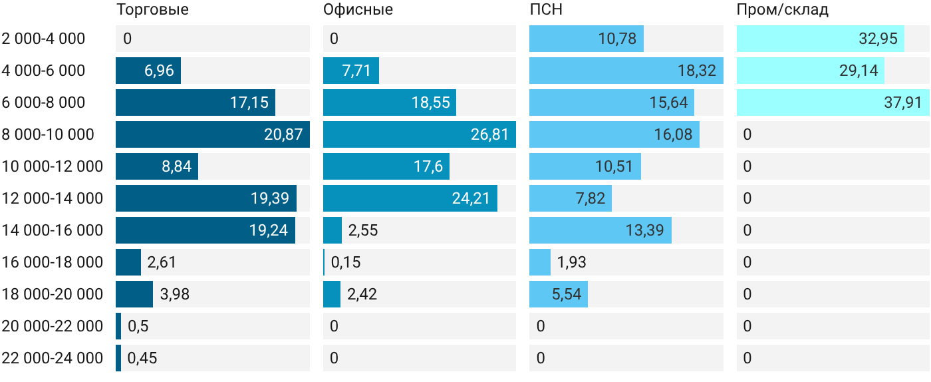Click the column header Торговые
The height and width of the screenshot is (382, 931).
pyautogui.click(x=152, y=9)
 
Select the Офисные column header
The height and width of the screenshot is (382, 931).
pyautogui.click(x=358, y=9)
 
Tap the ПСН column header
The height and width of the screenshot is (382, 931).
pyautogui.click(x=546, y=9)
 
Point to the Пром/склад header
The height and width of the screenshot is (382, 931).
pyautogui.click(x=782, y=9)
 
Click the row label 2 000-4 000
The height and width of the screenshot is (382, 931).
pyautogui.click(x=43, y=39)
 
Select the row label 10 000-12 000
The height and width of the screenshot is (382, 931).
pyautogui.click(x=53, y=166)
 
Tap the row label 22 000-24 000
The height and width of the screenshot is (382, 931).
pyautogui.click(x=53, y=358)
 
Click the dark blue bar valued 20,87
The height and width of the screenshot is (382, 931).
pyautogui.click(x=213, y=134)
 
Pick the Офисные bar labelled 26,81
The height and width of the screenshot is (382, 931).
pyautogui.click(x=420, y=134)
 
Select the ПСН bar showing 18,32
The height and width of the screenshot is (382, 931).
pyautogui.click(x=626, y=71)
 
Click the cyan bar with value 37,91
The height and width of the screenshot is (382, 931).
pyautogui.click(x=833, y=102)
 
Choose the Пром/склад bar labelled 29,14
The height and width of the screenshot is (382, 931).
pyautogui.click(x=811, y=71)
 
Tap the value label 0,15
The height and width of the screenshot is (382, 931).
pyautogui.click(x=345, y=262)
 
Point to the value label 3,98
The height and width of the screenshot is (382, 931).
pyautogui.click(x=174, y=294)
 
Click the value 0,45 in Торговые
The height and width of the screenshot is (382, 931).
pyautogui.click(x=142, y=358)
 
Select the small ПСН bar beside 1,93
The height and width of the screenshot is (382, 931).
pyautogui.click(x=540, y=262)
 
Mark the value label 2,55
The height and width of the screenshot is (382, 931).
pyautogui.click(x=363, y=230)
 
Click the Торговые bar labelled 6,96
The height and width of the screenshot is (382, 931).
pyautogui.click(x=148, y=71)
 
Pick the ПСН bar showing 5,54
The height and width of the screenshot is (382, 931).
pyautogui.click(x=559, y=294)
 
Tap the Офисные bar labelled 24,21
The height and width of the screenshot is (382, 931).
pyautogui.click(x=410, y=198)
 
